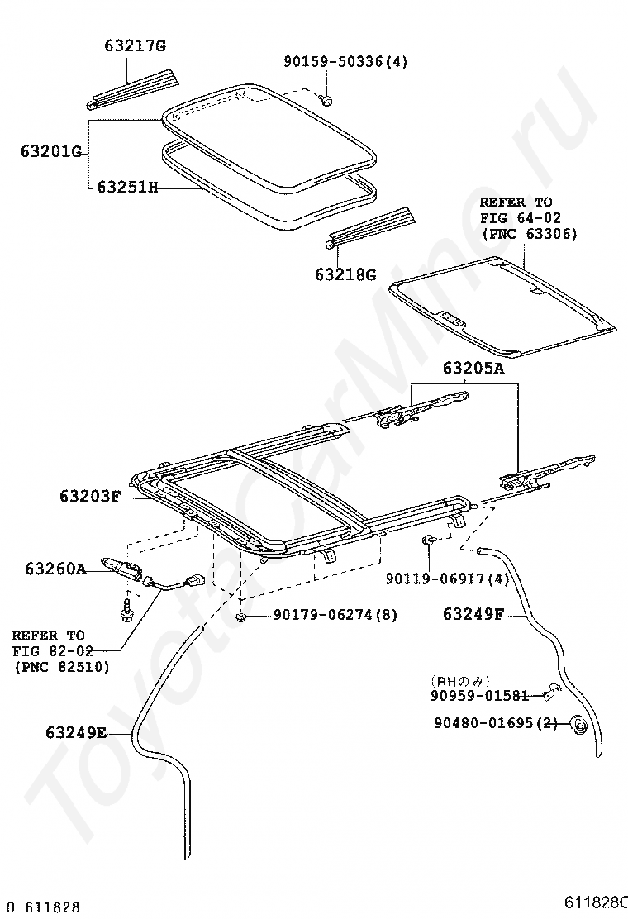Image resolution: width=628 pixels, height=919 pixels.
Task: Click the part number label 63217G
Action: (x=136, y=45)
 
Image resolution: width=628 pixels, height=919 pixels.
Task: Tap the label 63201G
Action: (x=50, y=151)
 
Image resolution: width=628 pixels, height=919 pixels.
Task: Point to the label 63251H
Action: (x=127, y=188)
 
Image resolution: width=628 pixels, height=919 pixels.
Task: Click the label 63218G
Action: (x=345, y=274)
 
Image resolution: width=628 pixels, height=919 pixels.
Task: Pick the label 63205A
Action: (x=473, y=369)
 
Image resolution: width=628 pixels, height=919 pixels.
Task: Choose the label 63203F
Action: (x=90, y=496)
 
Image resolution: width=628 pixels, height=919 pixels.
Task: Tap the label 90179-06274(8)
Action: (x=325, y=617)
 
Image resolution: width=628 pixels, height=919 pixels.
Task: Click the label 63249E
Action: (x=76, y=732)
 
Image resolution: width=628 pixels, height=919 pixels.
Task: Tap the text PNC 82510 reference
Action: (x=61, y=667)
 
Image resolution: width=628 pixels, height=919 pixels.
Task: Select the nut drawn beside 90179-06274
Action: (x=240, y=617)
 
